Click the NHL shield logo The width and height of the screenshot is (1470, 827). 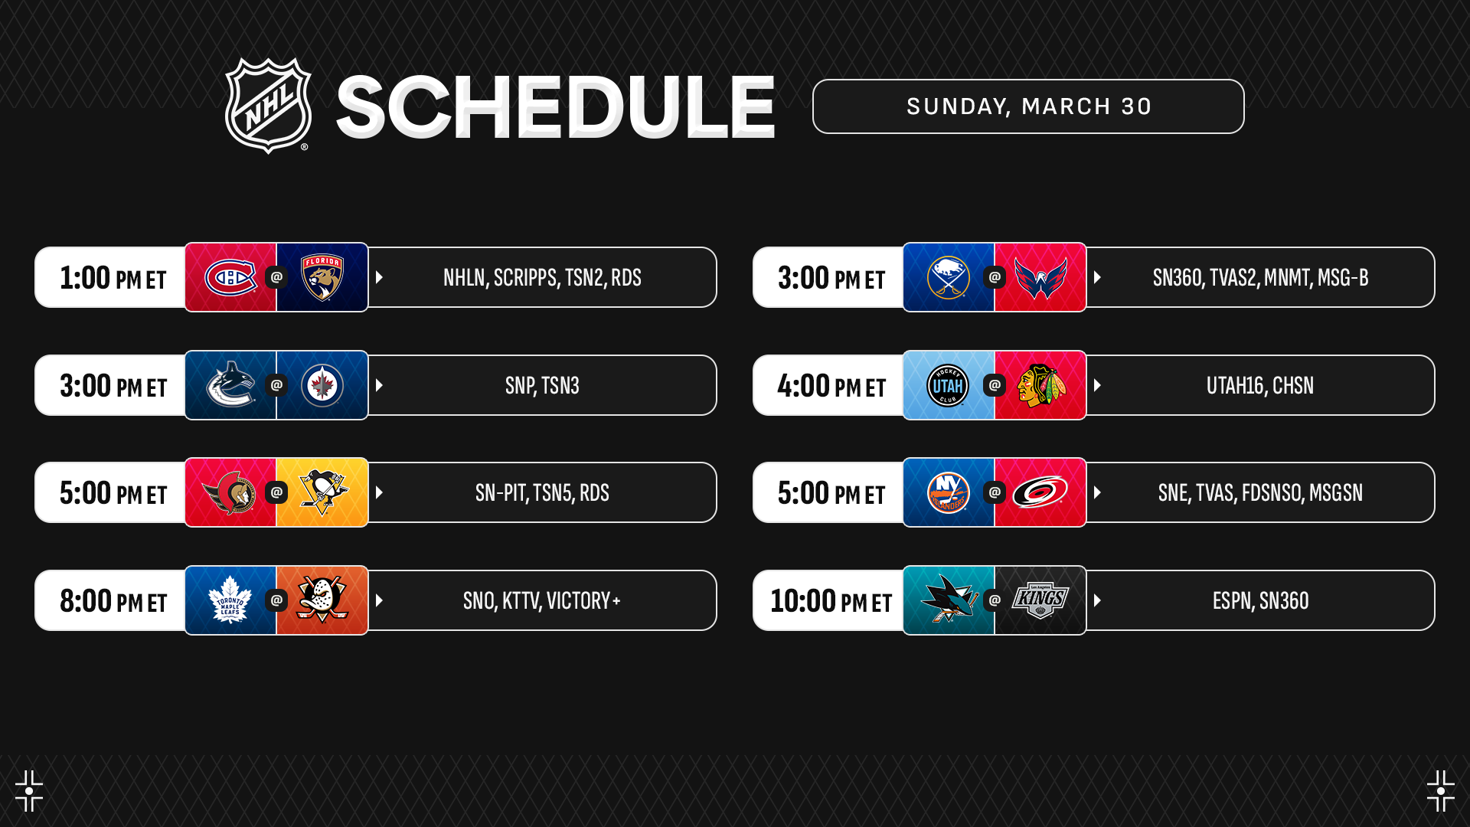pyautogui.click(x=268, y=106)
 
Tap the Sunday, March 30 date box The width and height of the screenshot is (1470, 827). pyautogui.click(x=1028, y=106)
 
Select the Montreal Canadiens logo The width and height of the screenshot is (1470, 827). pyautogui.click(x=230, y=277)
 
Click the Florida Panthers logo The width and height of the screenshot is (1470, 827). pyautogui.click(x=322, y=277)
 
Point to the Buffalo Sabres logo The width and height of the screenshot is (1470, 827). pyautogui.click(x=948, y=277)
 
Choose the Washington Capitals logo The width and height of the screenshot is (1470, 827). pyautogui.click(x=1040, y=277)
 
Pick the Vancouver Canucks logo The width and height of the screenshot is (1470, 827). pyautogui.click(x=230, y=384)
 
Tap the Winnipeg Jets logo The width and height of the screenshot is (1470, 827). pyautogui.click(x=322, y=385)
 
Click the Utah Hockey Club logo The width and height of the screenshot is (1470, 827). pyautogui.click(x=948, y=385)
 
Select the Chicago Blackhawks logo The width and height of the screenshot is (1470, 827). pyautogui.click(x=1040, y=385)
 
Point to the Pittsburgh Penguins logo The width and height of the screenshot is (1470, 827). pyautogui.click(x=323, y=492)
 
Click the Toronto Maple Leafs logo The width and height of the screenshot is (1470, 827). pyautogui.click(x=230, y=600)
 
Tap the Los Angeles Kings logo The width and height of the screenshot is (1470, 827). pyautogui.click(x=1040, y=601)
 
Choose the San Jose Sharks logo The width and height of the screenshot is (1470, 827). pyautogui.click(x=949, y=600)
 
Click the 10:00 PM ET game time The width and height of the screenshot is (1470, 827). pyautogui.click(x=831, y=601)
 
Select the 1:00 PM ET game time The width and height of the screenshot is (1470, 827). pyautogui.click(x=113, y=278)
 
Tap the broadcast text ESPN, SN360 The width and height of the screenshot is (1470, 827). pyautogui.click(x=1260, y=601)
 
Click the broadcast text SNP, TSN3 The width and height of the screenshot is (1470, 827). pyautogui.click(x=542, y=386)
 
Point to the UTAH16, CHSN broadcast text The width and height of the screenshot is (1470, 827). pyautogui.click(x=1260, y=386)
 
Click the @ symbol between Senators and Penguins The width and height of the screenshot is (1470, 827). pyautogui.click(x=276, y=492)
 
